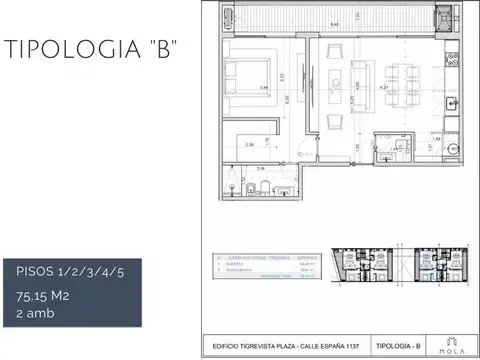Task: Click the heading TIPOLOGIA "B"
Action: (x=91, y=51)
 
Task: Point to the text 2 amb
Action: (x=37, y=313)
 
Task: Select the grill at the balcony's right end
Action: (x=443, y=17)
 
